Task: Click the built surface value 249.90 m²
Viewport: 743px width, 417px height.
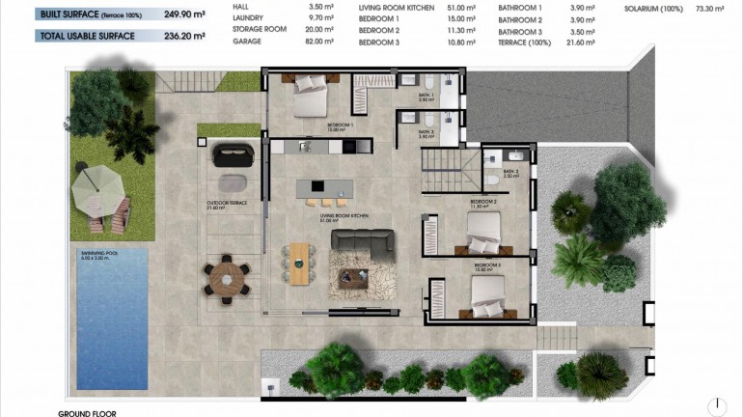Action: [x=185, y=14]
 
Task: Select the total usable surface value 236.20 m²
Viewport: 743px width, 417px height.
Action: [x=185, y=37]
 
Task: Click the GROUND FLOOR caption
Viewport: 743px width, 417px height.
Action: [x=88, y=412]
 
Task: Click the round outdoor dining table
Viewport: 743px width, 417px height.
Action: [x=226, y=278]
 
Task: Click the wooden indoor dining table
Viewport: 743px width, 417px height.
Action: [x=300, y=264]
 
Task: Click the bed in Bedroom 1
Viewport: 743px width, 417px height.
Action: [x=312, y=93]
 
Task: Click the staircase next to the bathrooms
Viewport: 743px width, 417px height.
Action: [x=445, y=163]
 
